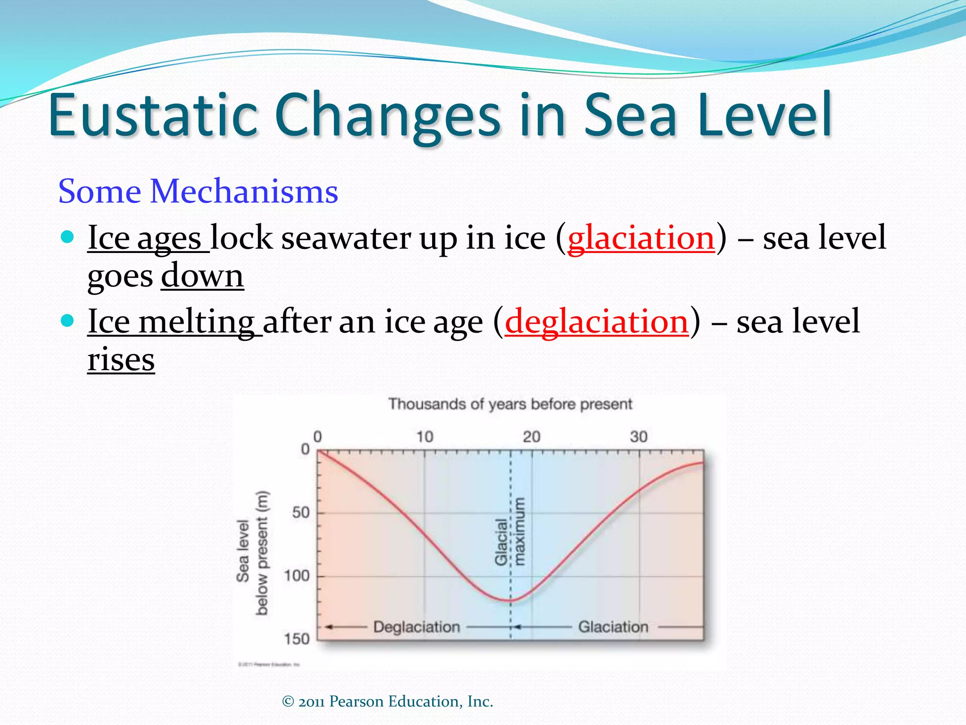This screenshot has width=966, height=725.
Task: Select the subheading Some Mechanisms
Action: click(198, 191)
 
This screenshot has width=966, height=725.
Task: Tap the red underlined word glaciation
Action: click(641, 237)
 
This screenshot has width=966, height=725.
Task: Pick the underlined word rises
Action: click(121, 360)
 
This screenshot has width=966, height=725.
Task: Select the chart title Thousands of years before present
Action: click(510, 404)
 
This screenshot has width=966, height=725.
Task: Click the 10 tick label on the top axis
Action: click(425, 437)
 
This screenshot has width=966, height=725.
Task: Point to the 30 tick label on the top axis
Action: click(639, 437)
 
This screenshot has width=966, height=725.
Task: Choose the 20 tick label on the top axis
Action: click(532, 437)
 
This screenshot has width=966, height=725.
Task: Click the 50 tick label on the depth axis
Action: click(301, 512)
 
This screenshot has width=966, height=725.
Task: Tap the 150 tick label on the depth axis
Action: click(297, 639)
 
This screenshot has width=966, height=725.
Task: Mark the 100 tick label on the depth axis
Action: click(297, 575)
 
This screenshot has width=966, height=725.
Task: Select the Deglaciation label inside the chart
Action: click(416, 627)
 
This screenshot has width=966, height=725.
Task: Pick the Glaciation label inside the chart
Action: click(613, 627)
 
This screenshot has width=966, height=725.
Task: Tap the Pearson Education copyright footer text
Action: click(387, 701)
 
